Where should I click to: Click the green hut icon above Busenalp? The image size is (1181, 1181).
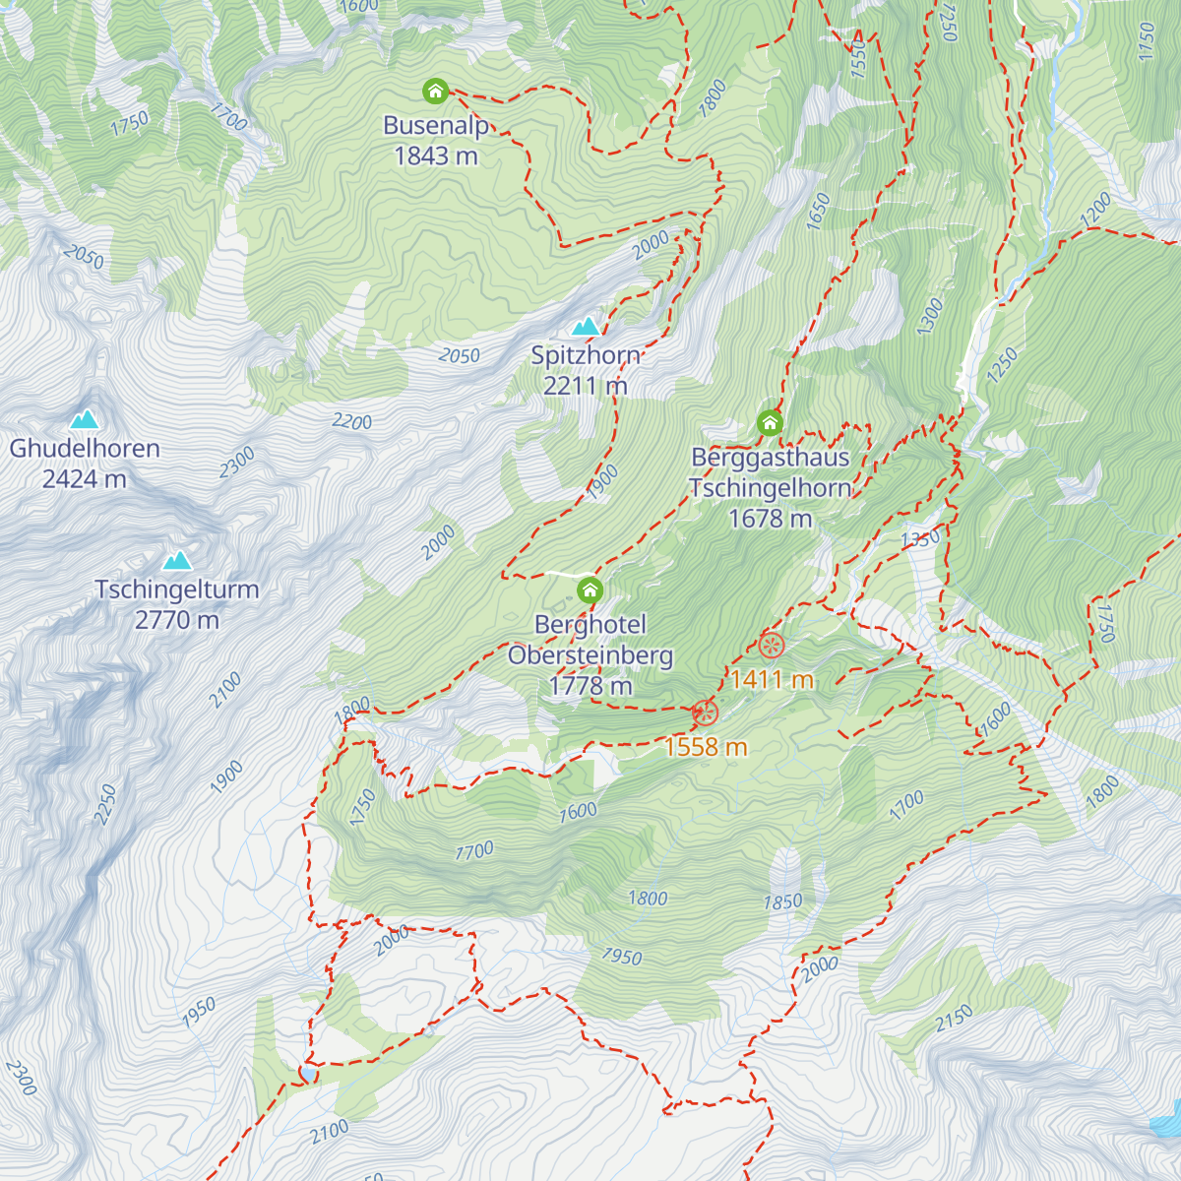435,92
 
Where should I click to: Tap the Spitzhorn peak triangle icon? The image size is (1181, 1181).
587,326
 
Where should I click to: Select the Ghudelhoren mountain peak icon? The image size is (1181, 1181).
84,419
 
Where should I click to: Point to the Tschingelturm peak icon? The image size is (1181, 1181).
177,560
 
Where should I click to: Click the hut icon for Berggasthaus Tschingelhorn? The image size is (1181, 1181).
770,423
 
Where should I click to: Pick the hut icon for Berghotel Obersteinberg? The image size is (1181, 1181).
590,590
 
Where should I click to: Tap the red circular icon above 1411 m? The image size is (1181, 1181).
771,646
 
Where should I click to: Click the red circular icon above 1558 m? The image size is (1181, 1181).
705,713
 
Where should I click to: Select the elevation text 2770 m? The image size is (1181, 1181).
177,620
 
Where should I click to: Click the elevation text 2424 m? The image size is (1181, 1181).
84,479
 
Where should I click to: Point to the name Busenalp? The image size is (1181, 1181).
435,125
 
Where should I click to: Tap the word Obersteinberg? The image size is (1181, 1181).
590,654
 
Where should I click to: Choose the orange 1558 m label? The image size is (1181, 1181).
706,747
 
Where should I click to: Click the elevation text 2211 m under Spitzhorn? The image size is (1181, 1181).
586,386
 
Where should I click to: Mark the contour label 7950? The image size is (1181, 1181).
622,957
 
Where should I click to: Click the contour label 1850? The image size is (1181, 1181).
783,901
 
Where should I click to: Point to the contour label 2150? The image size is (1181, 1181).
954,1018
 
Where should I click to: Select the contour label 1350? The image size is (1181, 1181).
921,538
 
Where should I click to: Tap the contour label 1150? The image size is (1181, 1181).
1146,41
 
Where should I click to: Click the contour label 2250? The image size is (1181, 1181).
105,805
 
